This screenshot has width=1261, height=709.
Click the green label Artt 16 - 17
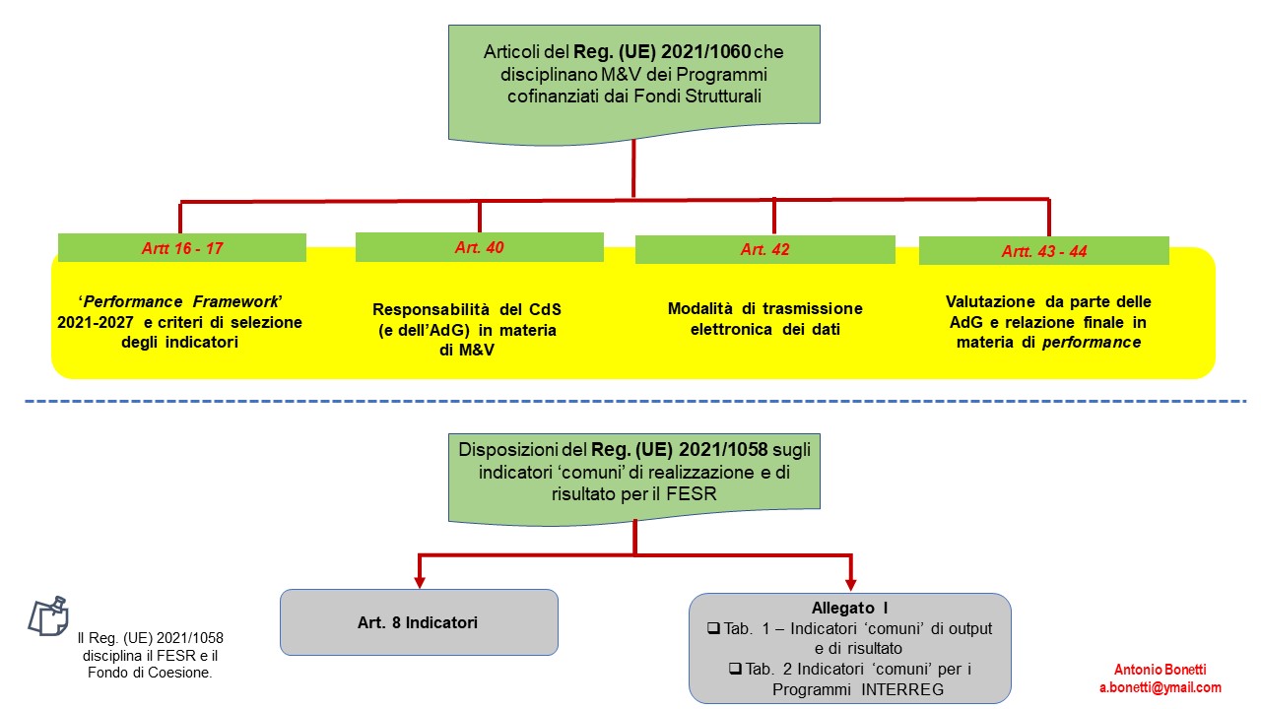point(182,248)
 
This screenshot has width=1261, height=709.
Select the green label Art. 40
point(480,247)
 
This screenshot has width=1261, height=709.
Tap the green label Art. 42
point(765,250)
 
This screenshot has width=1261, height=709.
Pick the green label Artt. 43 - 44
point(1044,251)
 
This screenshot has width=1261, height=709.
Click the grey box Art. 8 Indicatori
point(419,622)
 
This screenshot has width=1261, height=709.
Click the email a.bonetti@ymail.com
point(1161,688)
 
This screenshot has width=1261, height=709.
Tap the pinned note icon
point(47,615)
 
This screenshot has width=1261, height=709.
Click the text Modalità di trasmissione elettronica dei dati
point(764,319)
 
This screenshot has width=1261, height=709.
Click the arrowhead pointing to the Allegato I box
point(850,583)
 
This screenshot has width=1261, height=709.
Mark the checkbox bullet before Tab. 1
point(714,628)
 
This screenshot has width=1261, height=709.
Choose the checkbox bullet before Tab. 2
point(734,669)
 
